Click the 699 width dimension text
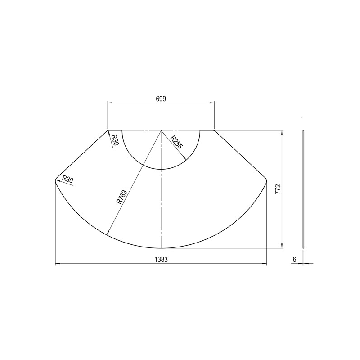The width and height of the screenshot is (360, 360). (161, 99)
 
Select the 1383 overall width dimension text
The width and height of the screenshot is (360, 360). (161, 260)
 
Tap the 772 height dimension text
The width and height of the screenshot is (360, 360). (278, 189)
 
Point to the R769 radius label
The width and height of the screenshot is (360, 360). (121, 197)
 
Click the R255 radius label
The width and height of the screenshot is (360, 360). (176, 142)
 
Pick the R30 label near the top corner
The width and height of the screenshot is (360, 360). (115, 140)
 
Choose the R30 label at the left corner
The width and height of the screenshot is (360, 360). (67, 180)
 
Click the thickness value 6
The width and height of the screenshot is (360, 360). (295, 260)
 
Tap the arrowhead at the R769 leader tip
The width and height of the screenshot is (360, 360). (108, 232)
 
